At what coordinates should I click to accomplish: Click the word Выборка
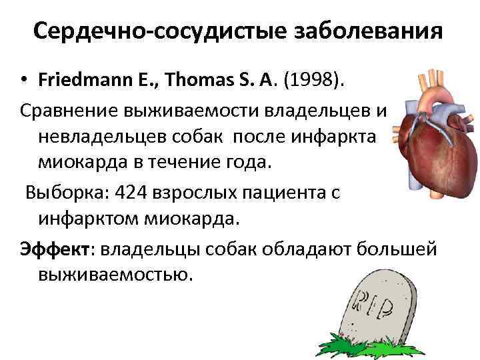coord(67,193)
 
